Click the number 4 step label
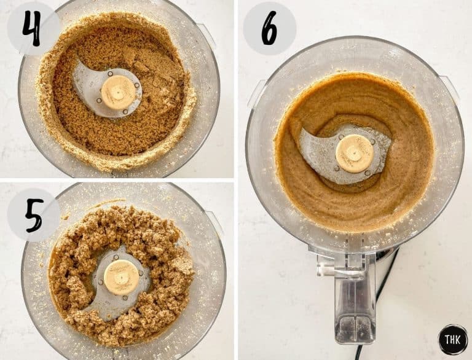click(32, 28)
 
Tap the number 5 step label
click(34, 214)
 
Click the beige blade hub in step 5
click(121, 276)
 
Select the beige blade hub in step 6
click(355, 153)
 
